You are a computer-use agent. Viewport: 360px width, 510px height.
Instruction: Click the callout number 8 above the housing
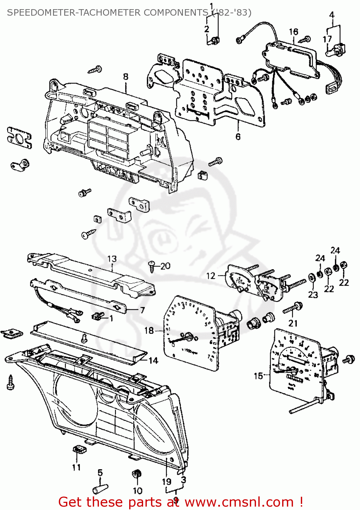pyautogui.click(x=126, y=76)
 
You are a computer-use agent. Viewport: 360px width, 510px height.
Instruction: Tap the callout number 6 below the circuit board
pyautogui.click(x=238, y=136)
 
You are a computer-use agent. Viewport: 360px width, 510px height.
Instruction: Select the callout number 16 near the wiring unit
pyautogui.click(x=293, y=32)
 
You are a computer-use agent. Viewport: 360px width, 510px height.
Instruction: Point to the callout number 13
pyautogui.click(x=112, y=259)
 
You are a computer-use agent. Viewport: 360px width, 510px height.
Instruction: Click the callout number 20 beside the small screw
pyautogui.click(x=165, y=266)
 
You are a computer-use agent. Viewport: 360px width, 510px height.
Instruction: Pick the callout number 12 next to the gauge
pyautogui.click(x=211, y=276)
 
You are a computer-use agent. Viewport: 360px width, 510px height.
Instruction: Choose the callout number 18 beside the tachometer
pyautogui.click(x=149, y=330)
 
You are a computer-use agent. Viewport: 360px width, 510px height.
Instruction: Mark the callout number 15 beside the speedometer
pyautogui.click(x=258, y=376)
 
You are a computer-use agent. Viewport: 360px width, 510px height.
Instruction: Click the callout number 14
pyautogui.click(x=153, y=360)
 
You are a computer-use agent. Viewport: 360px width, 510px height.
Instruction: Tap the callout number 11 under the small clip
pyautogui.click(x=76, y=468)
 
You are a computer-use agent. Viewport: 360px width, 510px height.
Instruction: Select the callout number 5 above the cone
pyautogui.click(x=100, y=473)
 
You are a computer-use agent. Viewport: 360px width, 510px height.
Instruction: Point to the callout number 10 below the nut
pyautogui.click(x=137, y=491)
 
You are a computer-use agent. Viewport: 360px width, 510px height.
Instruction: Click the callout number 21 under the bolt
pyautogui.click(x=293, y=323)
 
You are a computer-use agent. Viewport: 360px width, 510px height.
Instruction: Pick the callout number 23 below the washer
pyautogui.click(x=313, y=294)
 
